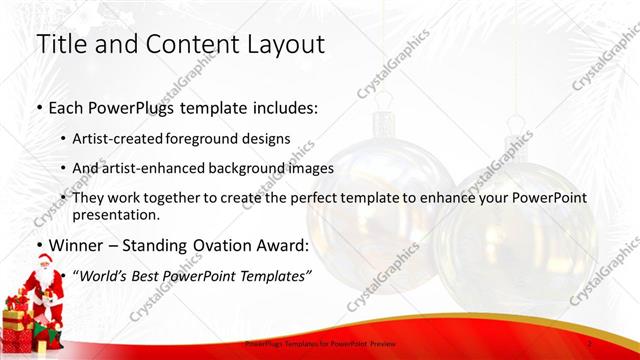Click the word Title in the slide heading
tap(60, 44)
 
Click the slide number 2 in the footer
tap(592, 343)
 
